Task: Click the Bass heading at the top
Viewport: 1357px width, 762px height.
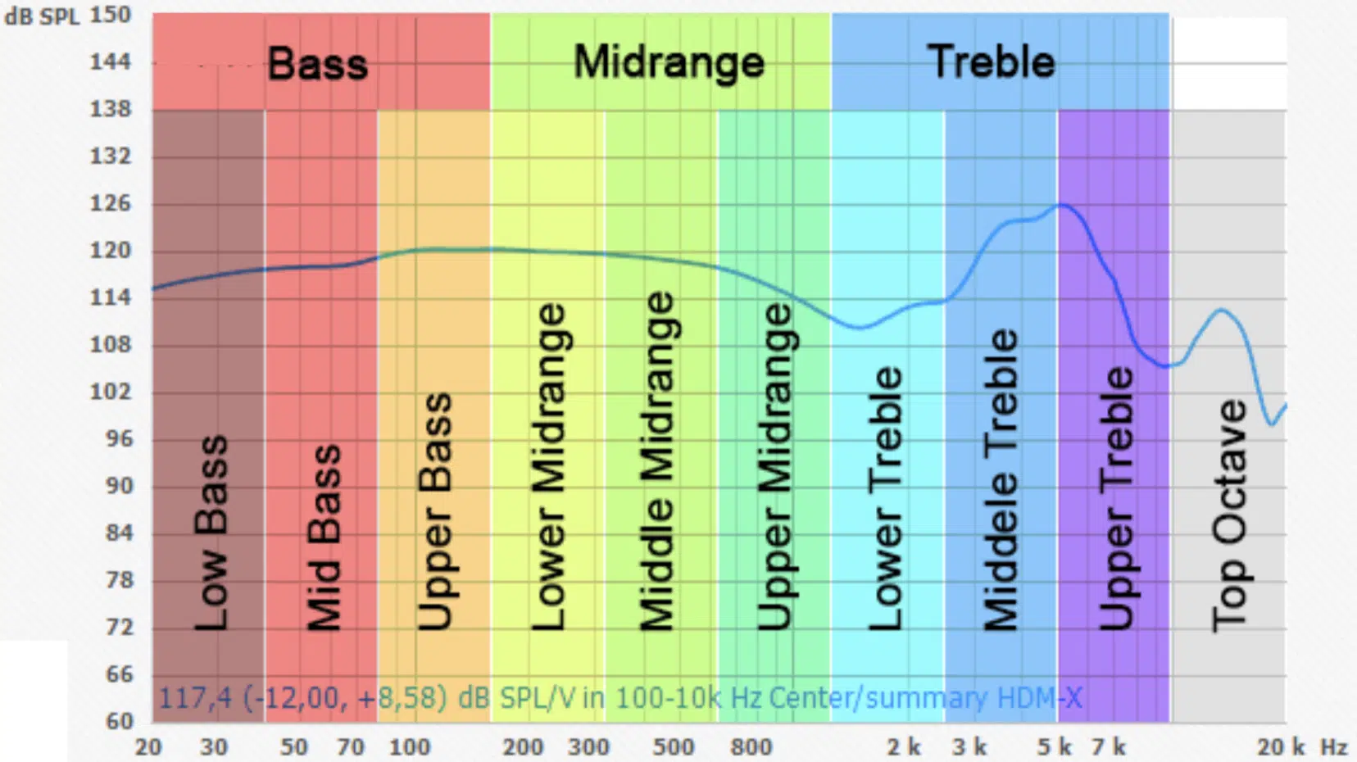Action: pos(318,64)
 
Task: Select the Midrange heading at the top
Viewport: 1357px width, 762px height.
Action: pos(669,63)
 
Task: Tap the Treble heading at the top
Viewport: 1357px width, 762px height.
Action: pos(991,62)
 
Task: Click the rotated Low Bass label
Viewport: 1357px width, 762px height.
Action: pos(211,533)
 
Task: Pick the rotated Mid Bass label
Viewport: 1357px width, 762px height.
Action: pos(324,537)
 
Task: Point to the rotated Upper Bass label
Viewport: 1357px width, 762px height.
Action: pos(435,511)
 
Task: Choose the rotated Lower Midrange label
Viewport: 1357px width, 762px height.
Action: pos(548,466)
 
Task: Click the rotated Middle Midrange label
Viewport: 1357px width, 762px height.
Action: pos(657,460)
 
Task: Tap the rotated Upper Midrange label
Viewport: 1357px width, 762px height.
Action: pos(774,466)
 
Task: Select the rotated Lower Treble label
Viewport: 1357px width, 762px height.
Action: pos(886,498)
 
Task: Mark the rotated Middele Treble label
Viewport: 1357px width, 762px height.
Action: pos(1001,480)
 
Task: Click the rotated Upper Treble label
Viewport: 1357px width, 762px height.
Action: pos(1116,498)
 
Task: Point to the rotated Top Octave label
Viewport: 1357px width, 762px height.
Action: pos(1229,515)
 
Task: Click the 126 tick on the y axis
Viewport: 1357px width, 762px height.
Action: pos(111,203)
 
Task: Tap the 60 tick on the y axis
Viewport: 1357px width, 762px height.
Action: pos(120,721)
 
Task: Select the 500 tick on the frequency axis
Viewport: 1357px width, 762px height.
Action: pos(674,747)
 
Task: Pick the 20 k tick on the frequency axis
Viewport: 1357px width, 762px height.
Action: pos(1281,747)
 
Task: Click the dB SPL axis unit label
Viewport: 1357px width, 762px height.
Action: pos(42,16)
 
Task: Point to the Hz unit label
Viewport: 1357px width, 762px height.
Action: pos(1334,747)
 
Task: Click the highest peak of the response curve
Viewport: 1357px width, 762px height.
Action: pos(1063,204)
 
